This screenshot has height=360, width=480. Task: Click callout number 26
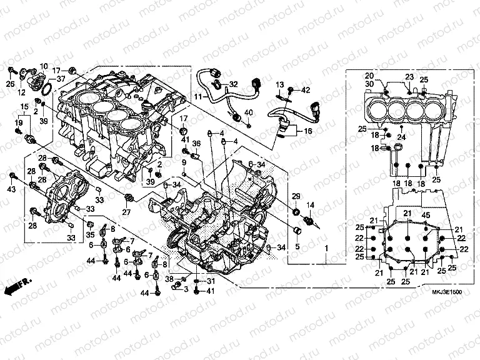(x=11, y=84)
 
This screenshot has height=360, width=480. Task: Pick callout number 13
(x=280, y=84)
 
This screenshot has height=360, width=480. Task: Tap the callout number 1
(x=325, y=248)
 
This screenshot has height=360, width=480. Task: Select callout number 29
(x=296, y=196)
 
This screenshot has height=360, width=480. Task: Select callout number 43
(x=11, y=189)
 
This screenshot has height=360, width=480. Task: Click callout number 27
(x=126, y=212)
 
